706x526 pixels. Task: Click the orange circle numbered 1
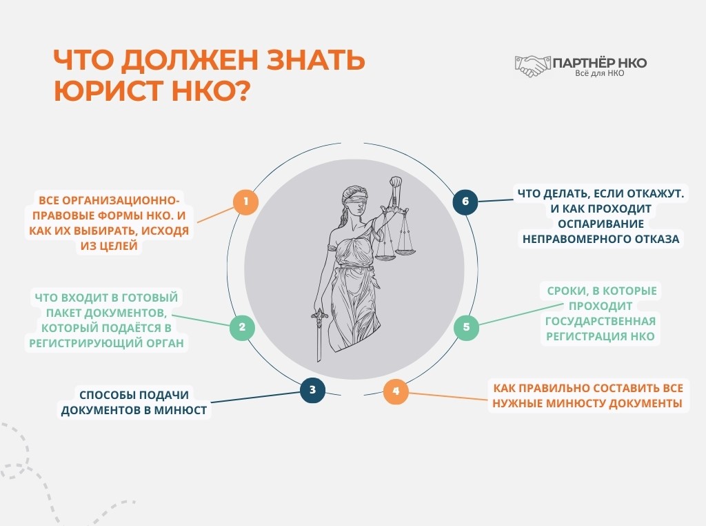click(x=245, y=202)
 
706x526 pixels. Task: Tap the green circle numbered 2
click(x=241, y=327)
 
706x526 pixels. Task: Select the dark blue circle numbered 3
click(x=312, y=390)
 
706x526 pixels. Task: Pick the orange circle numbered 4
click(x=396, y=392)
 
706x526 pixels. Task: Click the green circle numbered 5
click(x=466, y=327)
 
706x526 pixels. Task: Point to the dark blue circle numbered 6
click(x=465, y=202)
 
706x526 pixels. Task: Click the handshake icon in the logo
click(x=533, y=66)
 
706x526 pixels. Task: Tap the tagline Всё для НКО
click(x=599, y=73)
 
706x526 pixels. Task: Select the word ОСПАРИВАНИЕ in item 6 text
click(x=599, y=224)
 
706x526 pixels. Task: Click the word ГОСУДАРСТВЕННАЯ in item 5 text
click(x=600, y=321)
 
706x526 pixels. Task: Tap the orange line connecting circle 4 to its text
click(x=448, y=396)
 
